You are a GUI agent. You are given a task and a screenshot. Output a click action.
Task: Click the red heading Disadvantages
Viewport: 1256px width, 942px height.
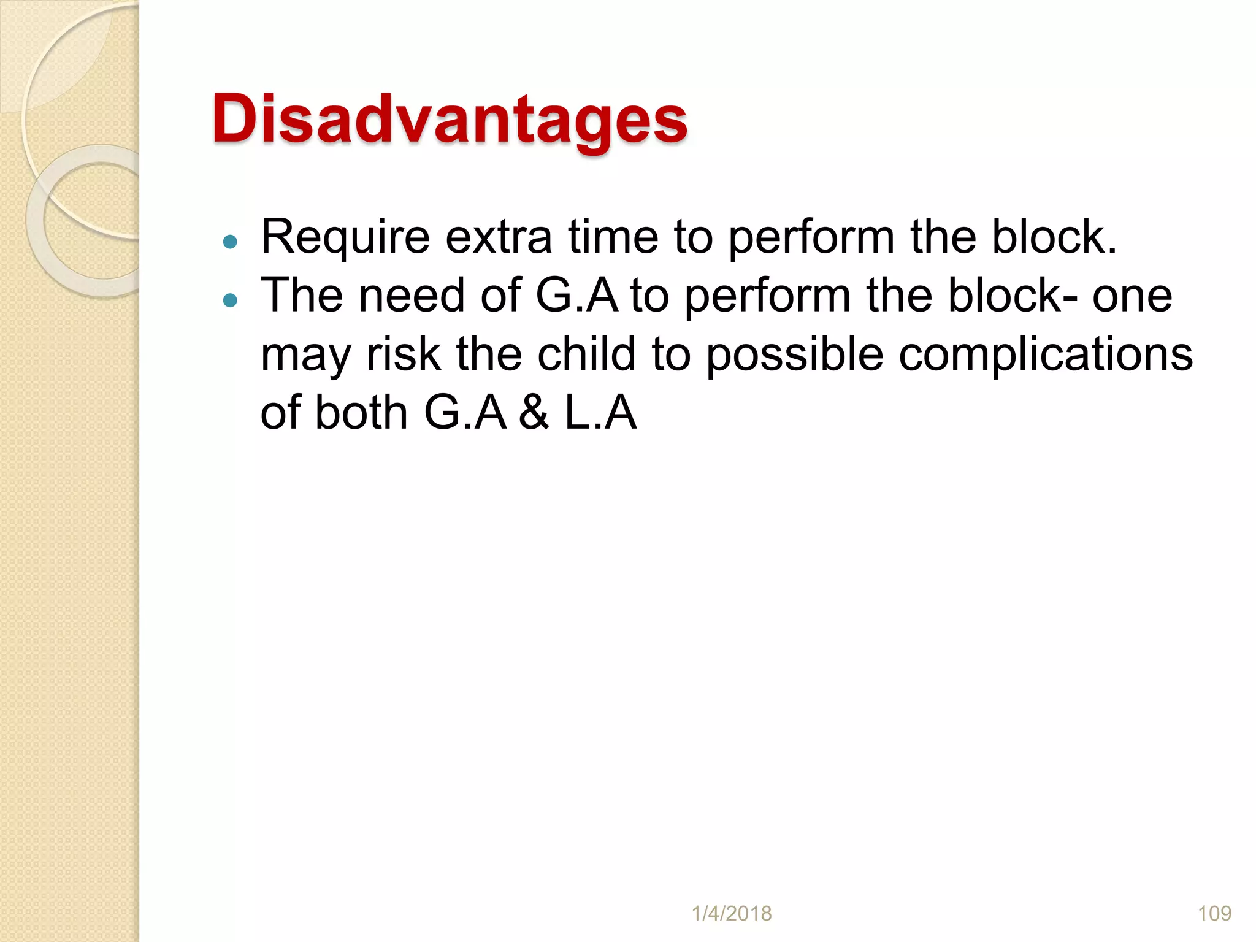click(x=450, y=120)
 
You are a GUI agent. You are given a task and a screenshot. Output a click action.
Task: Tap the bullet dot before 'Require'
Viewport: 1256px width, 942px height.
click(x=230, y=242)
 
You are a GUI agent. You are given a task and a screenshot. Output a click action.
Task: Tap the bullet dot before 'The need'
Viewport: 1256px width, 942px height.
click(x=230, y=300)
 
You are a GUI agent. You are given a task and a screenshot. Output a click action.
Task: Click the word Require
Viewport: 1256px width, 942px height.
click(x=345, y=238)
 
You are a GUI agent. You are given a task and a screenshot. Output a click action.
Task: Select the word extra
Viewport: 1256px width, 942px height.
click(x=498, y=238)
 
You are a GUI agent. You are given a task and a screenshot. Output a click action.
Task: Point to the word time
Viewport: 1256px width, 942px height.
click(x=613, y=238)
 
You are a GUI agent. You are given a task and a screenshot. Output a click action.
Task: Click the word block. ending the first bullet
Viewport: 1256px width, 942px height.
click(x=1054, y=238)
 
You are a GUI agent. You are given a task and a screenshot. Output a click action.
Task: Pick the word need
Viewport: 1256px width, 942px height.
click(x=412, y=296)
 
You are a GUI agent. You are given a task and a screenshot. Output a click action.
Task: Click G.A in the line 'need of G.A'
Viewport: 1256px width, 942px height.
click(x=576, y=296)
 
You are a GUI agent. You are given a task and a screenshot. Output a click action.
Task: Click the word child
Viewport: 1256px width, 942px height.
click(x=586, y=354)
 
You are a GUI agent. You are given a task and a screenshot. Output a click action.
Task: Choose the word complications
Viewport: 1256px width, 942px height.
click(x=1046, y=356)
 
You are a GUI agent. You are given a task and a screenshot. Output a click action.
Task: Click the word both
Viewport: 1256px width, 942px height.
click(x=361, y=413)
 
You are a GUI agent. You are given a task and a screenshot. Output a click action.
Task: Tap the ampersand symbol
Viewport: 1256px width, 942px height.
click(x=534, y=413)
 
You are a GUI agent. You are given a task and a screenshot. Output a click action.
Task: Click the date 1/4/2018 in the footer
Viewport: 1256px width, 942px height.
click(x=731, y=914)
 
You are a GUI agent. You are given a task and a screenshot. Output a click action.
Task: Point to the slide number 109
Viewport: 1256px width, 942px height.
click(x=1214, y=914)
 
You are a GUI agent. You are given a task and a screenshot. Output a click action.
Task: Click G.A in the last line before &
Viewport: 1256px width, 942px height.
click(x=465, y=413)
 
